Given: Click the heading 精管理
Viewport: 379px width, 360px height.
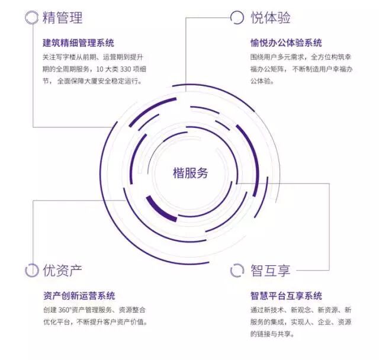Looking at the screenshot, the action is tap(62, 18).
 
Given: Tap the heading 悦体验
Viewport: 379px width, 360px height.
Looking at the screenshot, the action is tap(270, 18).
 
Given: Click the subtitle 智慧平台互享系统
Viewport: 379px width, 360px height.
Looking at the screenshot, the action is tap(287, 295).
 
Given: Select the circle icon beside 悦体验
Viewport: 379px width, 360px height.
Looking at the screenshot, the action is tap(237, 17).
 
